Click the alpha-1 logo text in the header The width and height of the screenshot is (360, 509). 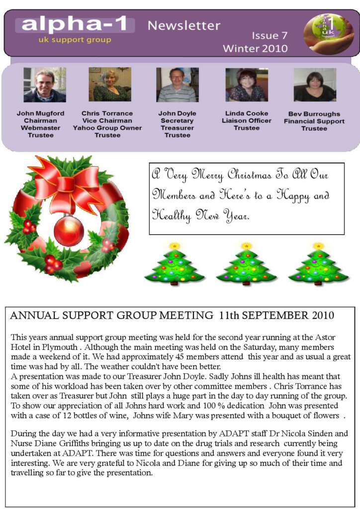click(x=75, y=24)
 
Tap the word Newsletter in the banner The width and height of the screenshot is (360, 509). click(x=184, y=25)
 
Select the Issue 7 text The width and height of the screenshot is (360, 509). click(x=270, y=36)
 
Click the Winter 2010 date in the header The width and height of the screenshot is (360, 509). click(x=255, y=49)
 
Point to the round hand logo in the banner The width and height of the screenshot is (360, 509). click(x=329, y=34)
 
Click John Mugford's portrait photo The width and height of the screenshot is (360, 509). click(x=45, y=85)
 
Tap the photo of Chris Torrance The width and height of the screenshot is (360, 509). click(x=110, y=85)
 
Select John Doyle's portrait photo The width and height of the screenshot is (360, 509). click(x=177, y=85)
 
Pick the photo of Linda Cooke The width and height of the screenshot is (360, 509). click(x=247, y=85)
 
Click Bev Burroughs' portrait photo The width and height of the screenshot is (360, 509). click(x=315, y=85)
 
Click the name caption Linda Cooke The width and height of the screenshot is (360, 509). click(x=247, y=113)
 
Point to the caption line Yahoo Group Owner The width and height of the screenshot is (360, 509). click(x=107, y=128)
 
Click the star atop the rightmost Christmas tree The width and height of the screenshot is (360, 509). click(x=318, y=246)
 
